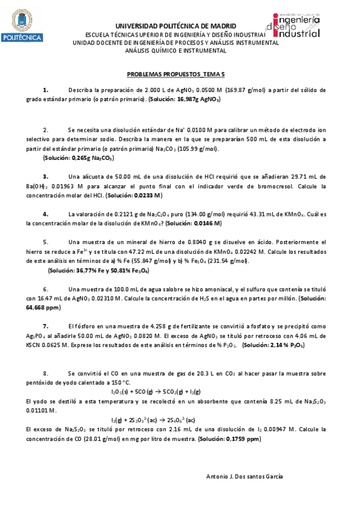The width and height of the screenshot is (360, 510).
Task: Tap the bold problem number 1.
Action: point(46,90)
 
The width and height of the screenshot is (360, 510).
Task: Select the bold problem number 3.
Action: point(45,177)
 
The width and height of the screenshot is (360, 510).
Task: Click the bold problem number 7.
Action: point(45,326)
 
